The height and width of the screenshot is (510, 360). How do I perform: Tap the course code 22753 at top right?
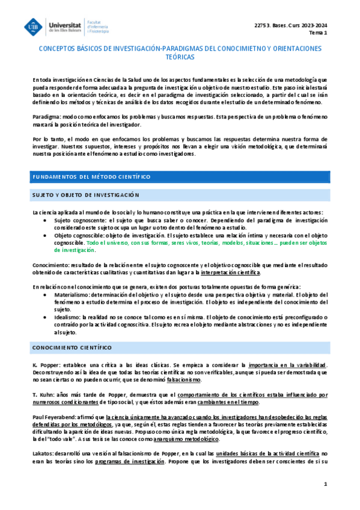click(263, 23)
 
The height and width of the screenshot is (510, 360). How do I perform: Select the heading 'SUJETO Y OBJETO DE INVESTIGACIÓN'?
click(85, 195)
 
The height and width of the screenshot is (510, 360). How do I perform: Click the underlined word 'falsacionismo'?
click(184, 381)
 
